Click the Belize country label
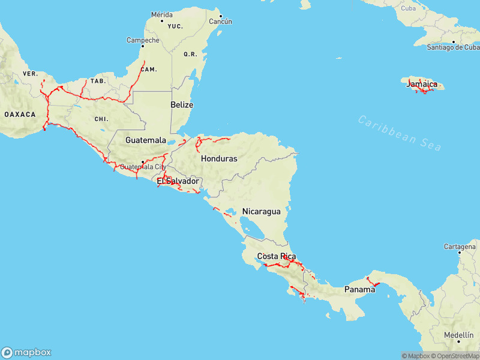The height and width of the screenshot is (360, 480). click(x=182, y=104)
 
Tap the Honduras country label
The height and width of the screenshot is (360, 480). click(x=219, y=159)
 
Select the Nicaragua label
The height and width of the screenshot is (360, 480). click(x=261, y=211)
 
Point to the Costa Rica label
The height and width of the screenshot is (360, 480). click(x=277, y=256)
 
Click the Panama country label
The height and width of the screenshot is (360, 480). click(x=359, y=289)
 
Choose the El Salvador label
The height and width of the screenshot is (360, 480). click(x=178, y=181)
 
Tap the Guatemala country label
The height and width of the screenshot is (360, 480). click(x=146, y=140)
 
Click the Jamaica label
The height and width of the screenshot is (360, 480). click(x=422, y=84)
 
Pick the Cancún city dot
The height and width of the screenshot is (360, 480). click(x=220, y=16)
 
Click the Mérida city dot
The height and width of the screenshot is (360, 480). click(x=161, y=22)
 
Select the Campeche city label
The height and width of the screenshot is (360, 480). click(x=143, y=40)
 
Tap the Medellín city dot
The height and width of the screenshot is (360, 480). click(x=459, y=341)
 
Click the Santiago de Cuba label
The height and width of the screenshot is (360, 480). click(x=453, y=47)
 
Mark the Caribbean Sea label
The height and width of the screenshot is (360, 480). click(x=400, y=133)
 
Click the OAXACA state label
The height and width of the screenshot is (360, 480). click(x=20, y=114)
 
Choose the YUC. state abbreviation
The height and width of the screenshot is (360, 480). click(x=175, y=26)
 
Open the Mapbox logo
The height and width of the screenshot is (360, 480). click(x=26, y=352)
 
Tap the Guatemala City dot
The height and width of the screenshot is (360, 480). click(x=142, y=161)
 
